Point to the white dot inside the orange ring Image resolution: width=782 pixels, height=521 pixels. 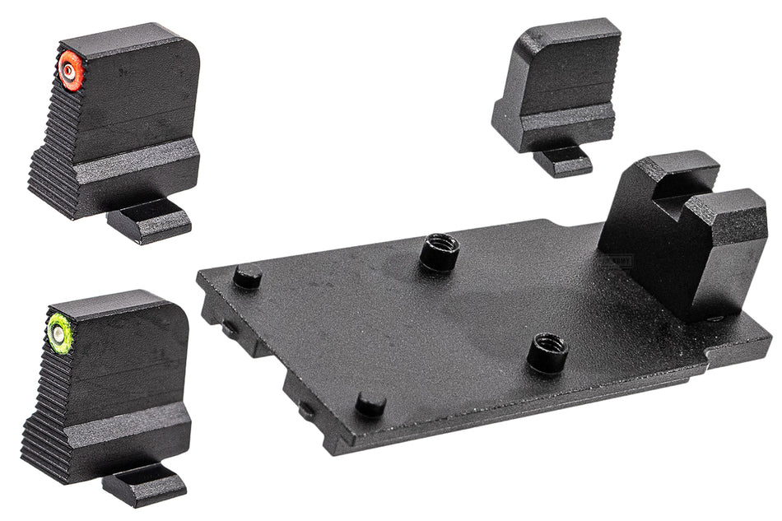tap(69, 72)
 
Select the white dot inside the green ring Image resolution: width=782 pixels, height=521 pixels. tap(58, 333)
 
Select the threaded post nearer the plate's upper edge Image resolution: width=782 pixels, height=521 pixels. tap(439, 251)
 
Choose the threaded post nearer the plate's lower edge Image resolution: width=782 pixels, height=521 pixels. tap(547, 351)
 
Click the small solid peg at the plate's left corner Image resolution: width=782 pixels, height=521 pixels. tap(247, 277)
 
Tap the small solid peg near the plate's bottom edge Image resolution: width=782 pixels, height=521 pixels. tap(370, 402)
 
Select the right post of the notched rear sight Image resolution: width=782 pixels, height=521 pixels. tap(724, 247)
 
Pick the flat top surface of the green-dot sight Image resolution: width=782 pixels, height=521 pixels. tap(115, 302)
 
